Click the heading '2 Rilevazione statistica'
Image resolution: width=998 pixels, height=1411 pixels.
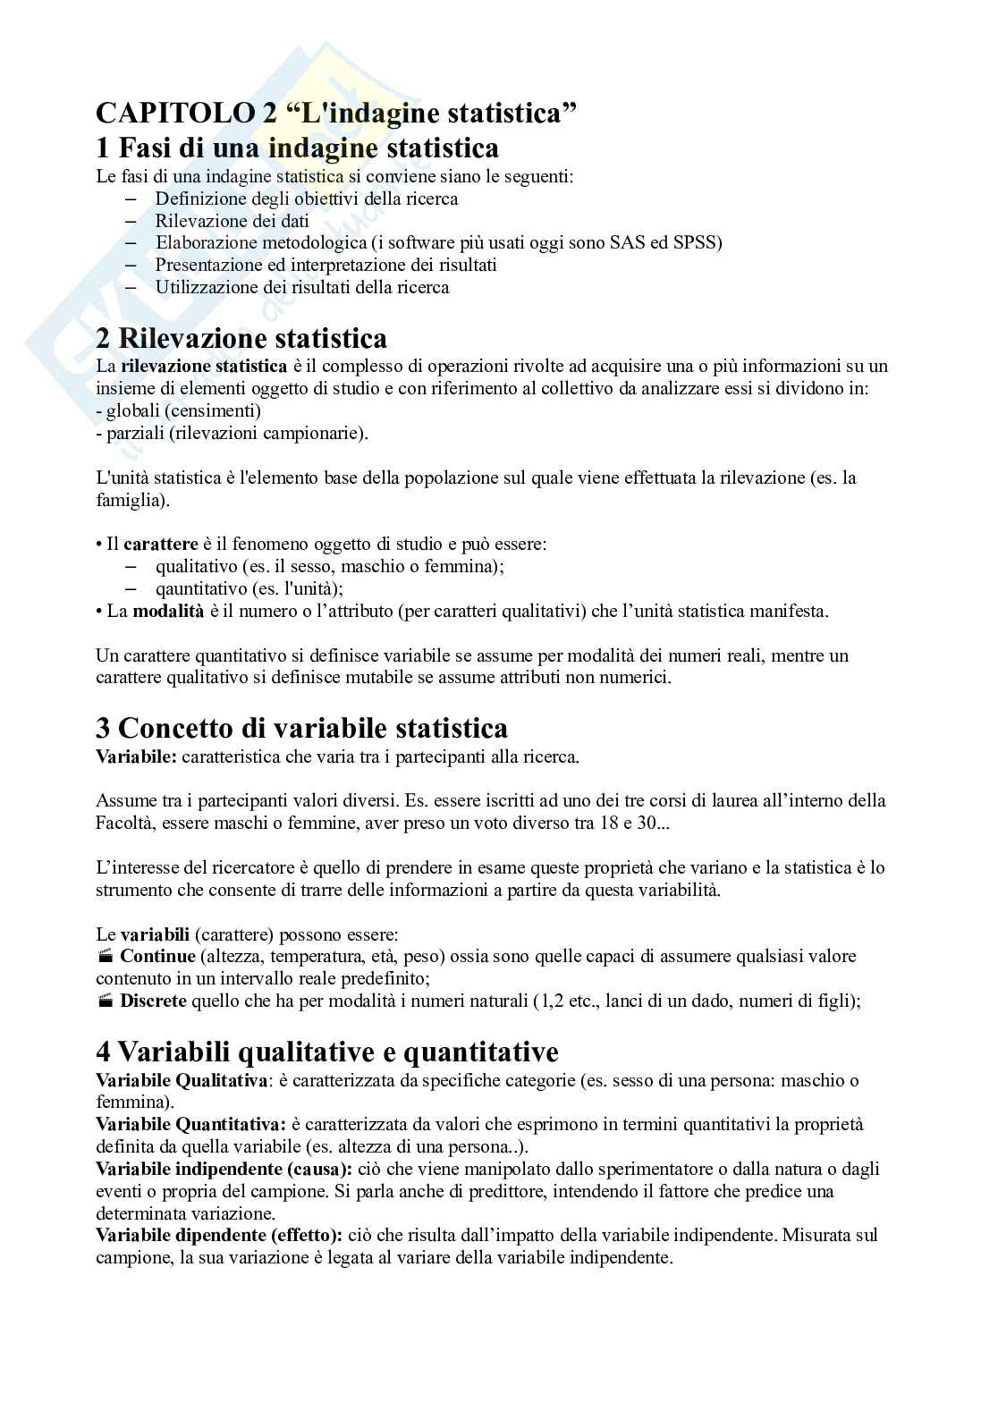pos(241,339)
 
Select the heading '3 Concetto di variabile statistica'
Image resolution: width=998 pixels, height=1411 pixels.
pos(301,728)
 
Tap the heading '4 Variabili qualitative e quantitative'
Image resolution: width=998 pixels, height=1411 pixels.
pos(326,1051)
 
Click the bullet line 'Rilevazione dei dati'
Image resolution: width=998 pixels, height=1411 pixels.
pos(232,221)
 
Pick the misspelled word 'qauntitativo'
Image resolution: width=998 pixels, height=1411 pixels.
pos(202,589)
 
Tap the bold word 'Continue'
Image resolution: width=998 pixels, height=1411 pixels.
pos(157,957)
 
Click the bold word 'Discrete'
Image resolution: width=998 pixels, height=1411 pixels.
pos(153,1001)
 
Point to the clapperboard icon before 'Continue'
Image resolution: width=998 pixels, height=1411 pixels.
pos(105,957)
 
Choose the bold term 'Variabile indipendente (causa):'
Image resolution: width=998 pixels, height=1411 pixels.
pos(224,1169)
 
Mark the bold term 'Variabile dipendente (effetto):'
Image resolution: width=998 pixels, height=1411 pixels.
pos(218,1235)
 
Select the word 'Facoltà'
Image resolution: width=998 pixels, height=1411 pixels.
pos(122,823)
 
